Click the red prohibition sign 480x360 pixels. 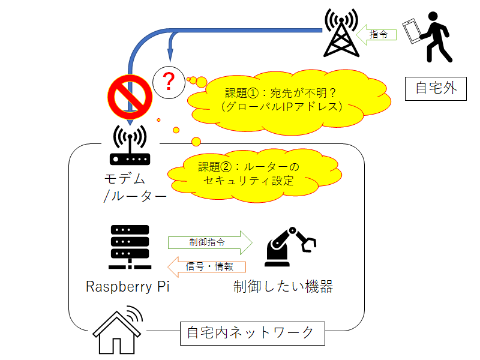(129, 97)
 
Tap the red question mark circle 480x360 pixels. (169, 82)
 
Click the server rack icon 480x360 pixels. (129, 247)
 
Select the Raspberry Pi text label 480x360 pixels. (128, 286)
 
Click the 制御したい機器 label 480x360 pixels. (283, 286)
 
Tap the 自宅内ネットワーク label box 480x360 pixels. (253, 332)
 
